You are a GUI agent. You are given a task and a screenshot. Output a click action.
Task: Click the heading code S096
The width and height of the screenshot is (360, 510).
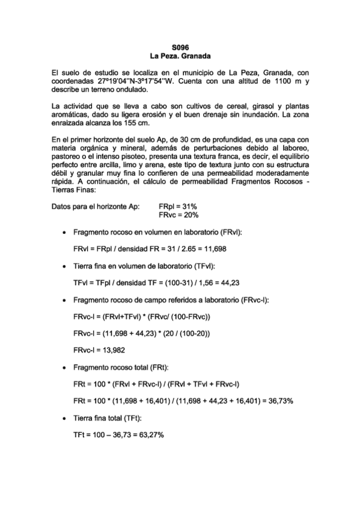click(x=180, y=47)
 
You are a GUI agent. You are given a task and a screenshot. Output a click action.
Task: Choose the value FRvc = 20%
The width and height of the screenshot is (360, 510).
click(x=179, y=215)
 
